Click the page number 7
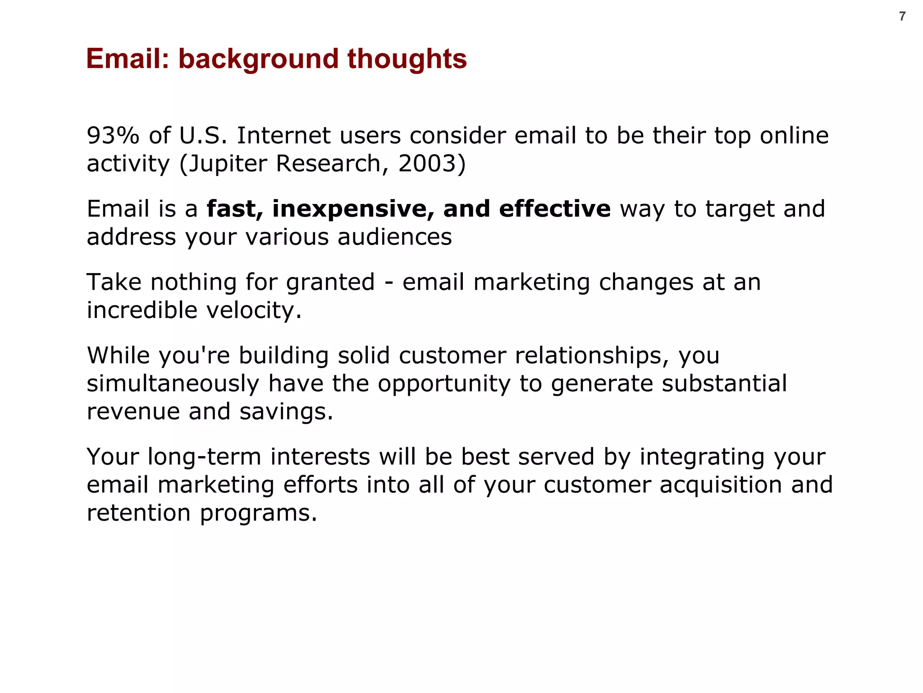click(902, 17)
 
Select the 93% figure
click(113, 135)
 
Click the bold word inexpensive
click(353, 209)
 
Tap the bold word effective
click(554, 209)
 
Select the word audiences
click(394, 237)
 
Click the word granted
click(330, 282)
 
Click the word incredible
click(142, 310)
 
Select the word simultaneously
click(173, 383)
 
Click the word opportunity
click(444, 384)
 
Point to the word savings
click(286, 411)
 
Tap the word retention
click(139, 513)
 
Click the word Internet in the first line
click(284, 135)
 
